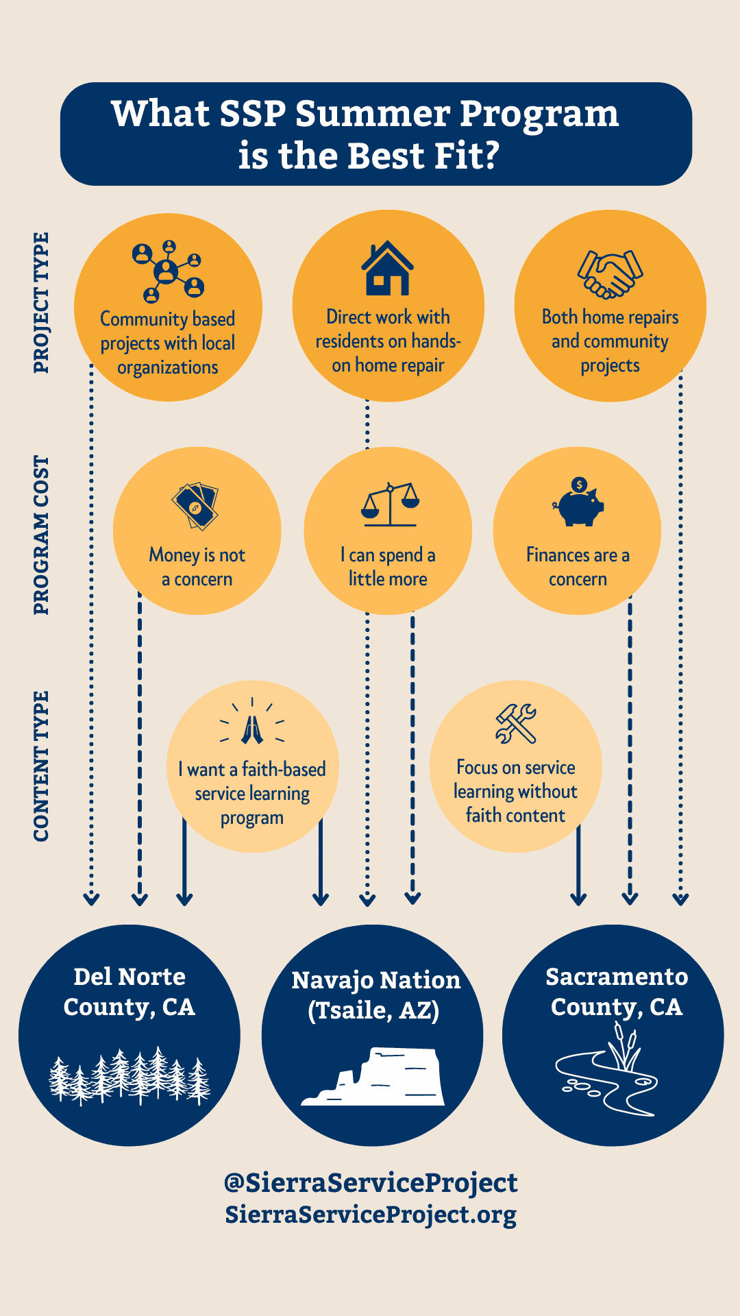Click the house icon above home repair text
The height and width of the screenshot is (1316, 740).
coord(388,268)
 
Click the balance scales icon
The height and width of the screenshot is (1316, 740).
coord(390,504)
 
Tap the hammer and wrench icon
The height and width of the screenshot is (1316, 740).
coord(516,724)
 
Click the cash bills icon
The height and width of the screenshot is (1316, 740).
coord(195,506)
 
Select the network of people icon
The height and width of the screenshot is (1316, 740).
coord(169,271)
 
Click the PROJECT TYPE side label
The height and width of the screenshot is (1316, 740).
coord(42,302)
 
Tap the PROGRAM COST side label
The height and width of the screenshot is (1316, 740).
coord(42,535)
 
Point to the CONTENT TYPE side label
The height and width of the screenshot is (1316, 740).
coord(42,766)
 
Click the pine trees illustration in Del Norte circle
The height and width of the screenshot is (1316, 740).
coord(129,1075)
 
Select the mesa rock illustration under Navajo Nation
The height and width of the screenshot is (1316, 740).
coord(373,1077)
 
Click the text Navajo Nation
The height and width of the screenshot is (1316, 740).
coord(375,980)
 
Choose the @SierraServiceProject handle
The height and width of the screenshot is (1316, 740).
coord(371,1182)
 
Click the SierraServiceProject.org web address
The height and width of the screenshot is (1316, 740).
coord(371,1214)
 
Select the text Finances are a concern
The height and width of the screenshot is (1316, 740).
coord(578,566)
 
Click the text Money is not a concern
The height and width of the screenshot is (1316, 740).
coord(197,566)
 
